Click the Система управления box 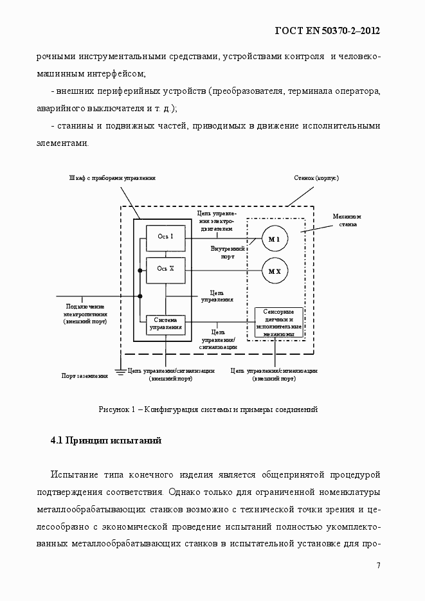click(x=166, y=323)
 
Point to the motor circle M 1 click(x=275, y=239)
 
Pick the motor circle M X click(x=275, y=272)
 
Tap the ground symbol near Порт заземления click(x=119, y=372)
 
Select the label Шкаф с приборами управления click(x=113, y=177)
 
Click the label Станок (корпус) click(x=316, y=177)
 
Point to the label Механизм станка click(x=347, y=220)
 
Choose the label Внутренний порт click(x=229, y=251)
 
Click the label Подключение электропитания click(x=86, y=310)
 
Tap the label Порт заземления click(x=84, y=375)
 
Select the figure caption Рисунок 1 click(x=208, y=409)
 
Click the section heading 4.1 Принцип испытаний click(x=105, y=441)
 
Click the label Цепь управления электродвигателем click(x=217, y=220)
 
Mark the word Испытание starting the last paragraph click(x=75, y=476)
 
